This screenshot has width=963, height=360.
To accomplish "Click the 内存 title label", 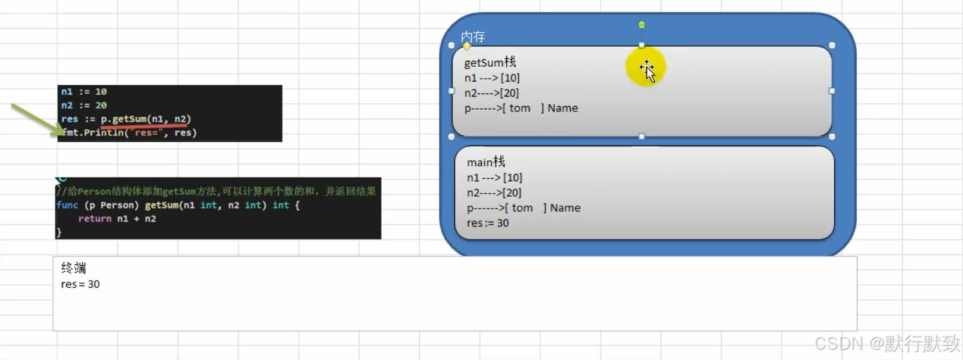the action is pyautogui.click(x=473, y=37).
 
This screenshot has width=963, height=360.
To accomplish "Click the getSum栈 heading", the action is pyautogui.click(x=490, y=63).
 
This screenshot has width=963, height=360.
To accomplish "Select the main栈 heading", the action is pyautogui.click(x=486, y=162).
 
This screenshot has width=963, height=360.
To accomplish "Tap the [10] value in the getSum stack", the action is pyautogui.click(x=510, y=78).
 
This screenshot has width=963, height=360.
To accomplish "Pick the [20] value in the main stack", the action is pyautogui.click(x=512, y=193).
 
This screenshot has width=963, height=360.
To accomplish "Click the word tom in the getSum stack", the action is pyautogui.click(x=519, y=108).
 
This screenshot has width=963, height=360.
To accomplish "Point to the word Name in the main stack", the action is pyautogui.click(x=565, y=208).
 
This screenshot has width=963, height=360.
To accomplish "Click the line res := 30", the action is pyautogui.click(x=488, y=223).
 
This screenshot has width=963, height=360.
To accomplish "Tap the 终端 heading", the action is pyautogui.click(x=73, y=268).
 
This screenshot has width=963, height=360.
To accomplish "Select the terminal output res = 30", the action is pyautogui.click(x=80, y=284).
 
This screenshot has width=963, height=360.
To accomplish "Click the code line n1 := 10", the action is pyautogui.click(x=84, y=92).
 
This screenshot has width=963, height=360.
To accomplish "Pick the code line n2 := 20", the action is pyautogui.click(x=84, y=105).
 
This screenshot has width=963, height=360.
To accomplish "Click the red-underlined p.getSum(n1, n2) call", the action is pyautogui.click(x=146, y=119).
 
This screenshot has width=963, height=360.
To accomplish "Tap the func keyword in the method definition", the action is pyautogui.click(x=67, y=205).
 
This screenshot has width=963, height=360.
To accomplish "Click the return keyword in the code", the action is pyautogui.click(x=95, y=219).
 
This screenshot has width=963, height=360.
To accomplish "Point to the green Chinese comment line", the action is pyautogui.click(x=216, y=191).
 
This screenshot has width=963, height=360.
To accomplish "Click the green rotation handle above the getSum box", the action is pyautogui.click(x=642, y=25).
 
